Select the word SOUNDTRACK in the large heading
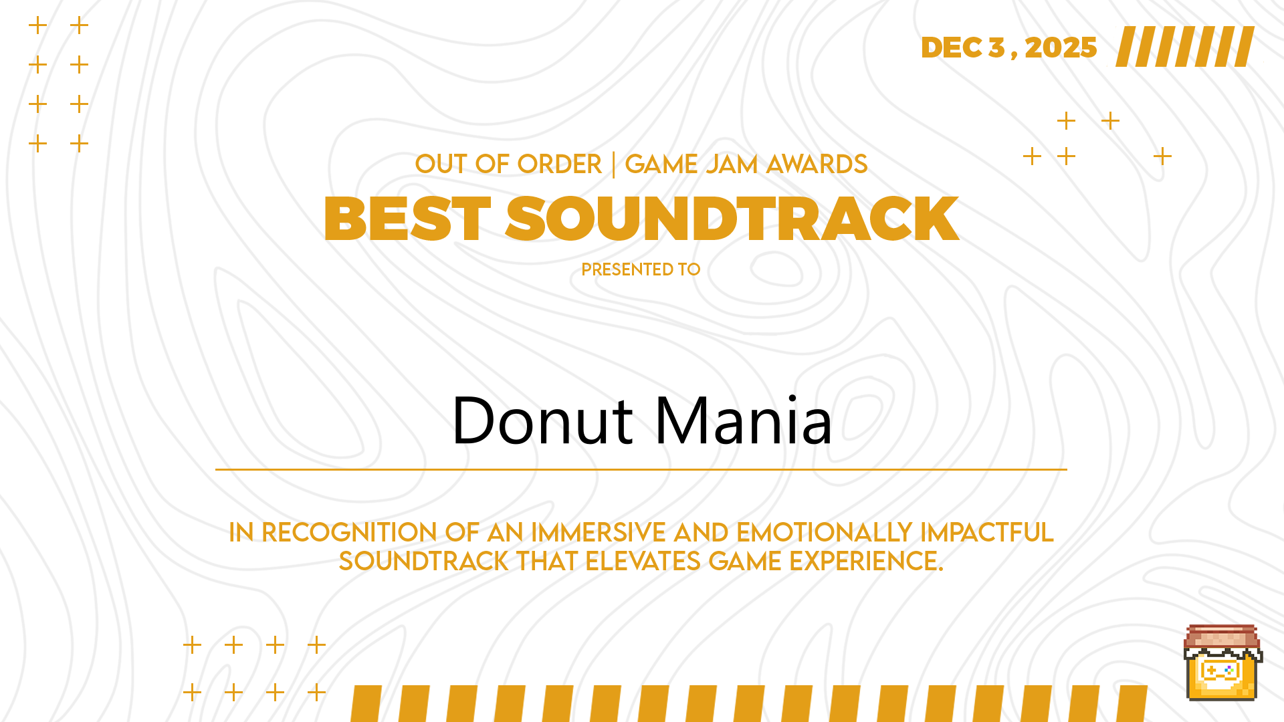coord(732,219)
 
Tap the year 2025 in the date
coord(1061,47)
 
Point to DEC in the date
coord(952,47)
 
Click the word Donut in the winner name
coord(542,420)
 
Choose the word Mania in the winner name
coord(744,420)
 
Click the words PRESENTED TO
coord(641,269)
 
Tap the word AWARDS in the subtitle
coord(817,164)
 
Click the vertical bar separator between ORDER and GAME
coord(613,164)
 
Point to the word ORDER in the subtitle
coord(559,164)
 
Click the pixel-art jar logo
coord(1222,663)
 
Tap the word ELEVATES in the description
coord(643,562)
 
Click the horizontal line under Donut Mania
coord(641,469)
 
